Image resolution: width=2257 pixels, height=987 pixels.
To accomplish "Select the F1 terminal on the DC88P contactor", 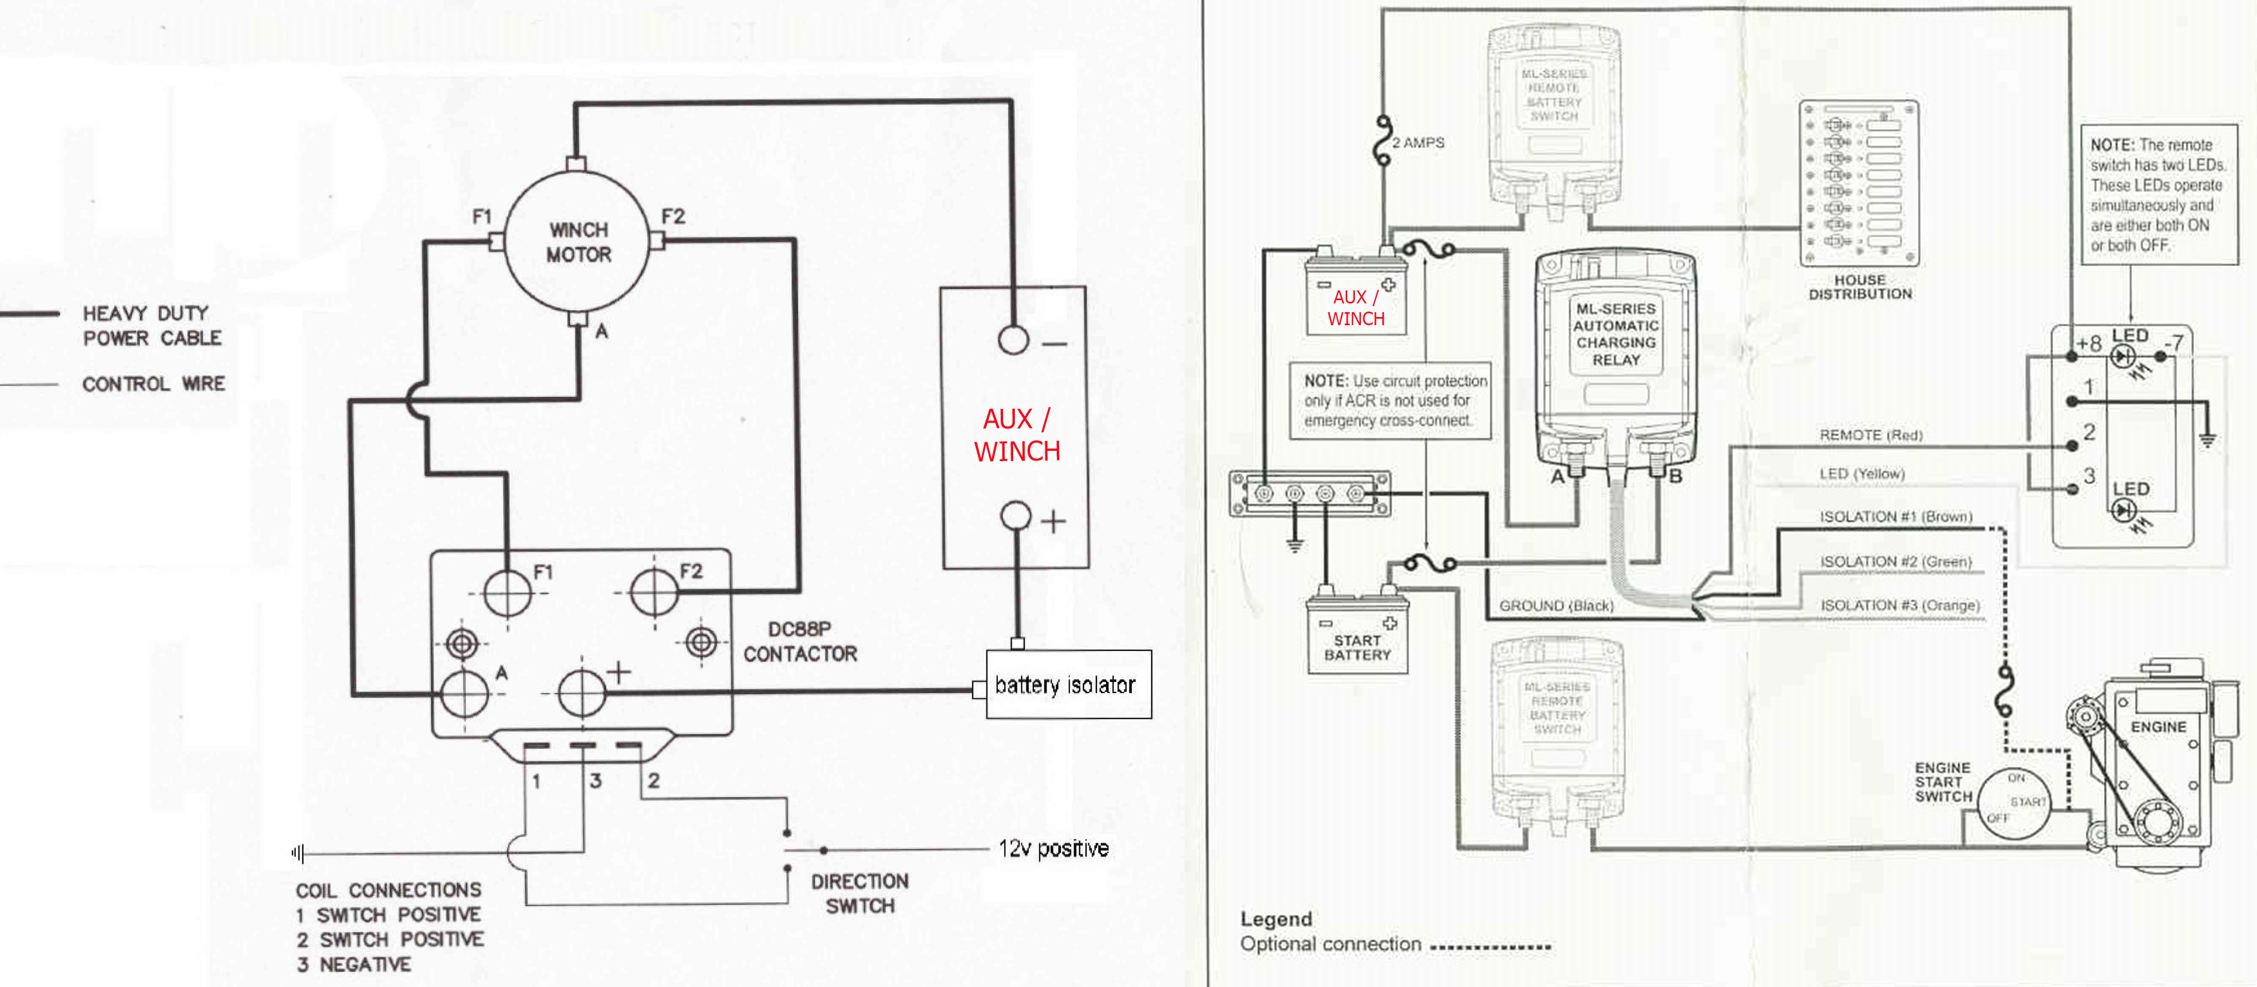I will pos(507,593).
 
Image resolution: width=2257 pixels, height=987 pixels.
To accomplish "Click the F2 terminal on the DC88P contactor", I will pos(654,592).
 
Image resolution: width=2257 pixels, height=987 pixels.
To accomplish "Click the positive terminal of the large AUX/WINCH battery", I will pos(1015,516).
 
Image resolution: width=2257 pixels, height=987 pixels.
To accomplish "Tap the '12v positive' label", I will pos(1053,849).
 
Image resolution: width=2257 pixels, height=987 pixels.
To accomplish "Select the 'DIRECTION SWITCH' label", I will pos(859,893).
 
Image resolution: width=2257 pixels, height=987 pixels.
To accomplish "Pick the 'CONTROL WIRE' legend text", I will pos(153,383).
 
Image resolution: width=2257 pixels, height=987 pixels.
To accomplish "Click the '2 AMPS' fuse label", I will pos(1418,143).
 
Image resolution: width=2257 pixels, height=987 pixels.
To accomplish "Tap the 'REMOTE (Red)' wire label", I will pos(1870,435).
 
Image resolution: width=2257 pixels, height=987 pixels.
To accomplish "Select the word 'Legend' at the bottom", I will pos(1276,918).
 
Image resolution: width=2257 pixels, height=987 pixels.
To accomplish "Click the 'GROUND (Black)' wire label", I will pos(1556,605).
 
